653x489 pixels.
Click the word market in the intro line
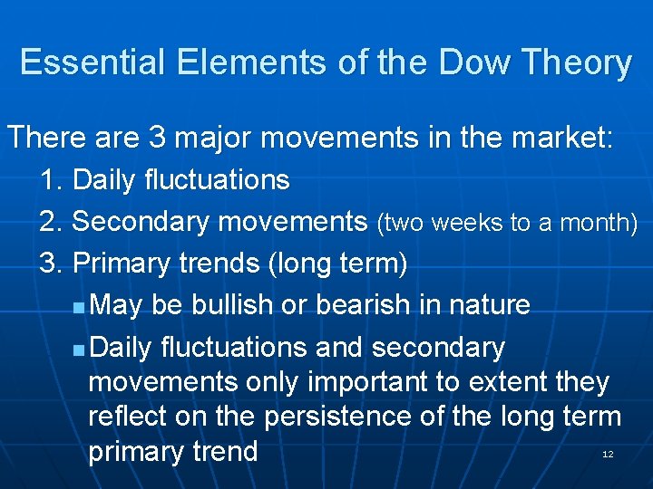click(559, 138)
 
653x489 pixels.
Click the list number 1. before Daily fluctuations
click(52, 180)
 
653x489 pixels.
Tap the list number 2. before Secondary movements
click(52, 222)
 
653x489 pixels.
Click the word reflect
click(124, 417)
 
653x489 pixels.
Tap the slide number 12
click(608, 453)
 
